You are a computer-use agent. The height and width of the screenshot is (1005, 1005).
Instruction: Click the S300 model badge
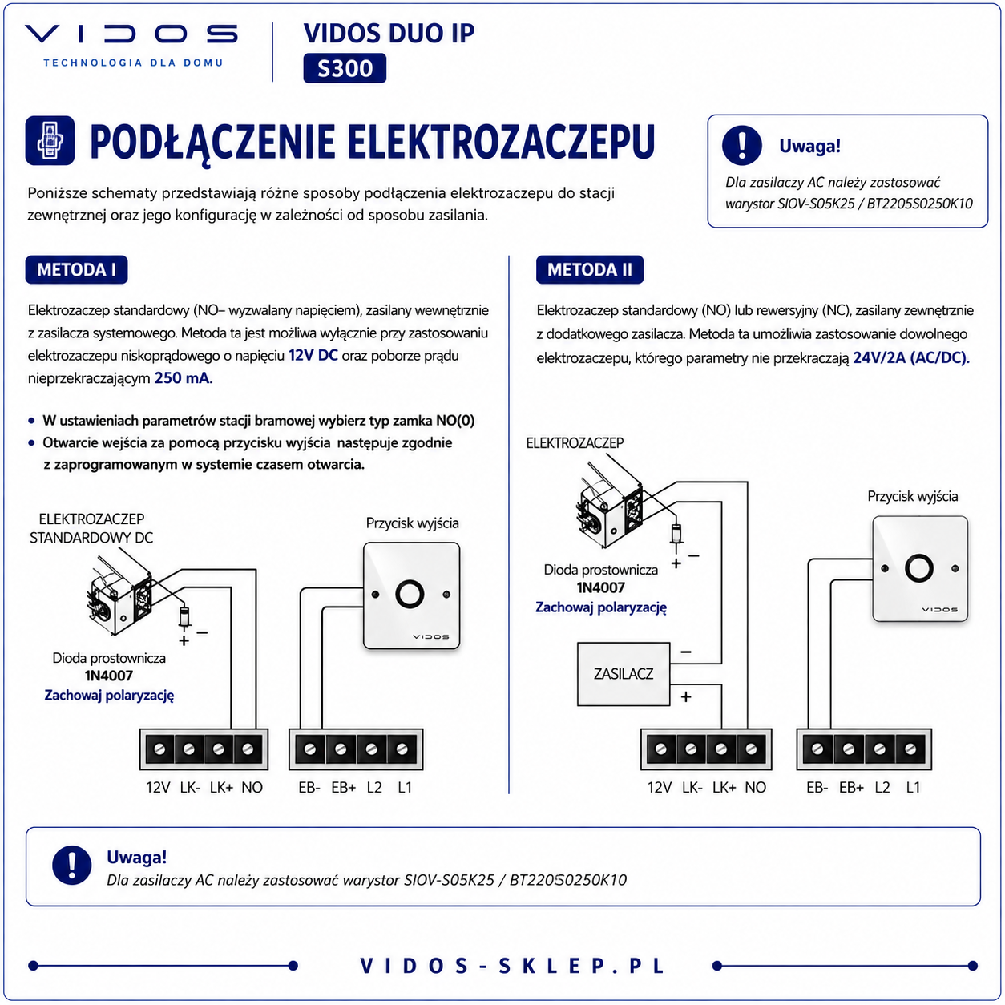[x=344, y=68]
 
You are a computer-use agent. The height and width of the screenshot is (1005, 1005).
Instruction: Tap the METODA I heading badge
[x=76, y=269]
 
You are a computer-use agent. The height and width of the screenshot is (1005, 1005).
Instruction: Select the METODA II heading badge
[x=589, y=269]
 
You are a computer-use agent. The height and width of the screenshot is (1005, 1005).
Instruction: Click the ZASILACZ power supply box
[x=624, y=674]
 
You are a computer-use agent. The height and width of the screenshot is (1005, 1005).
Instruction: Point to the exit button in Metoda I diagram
[x=411, y=595]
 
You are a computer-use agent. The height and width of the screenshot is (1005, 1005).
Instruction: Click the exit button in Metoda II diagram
[x=920, y=568]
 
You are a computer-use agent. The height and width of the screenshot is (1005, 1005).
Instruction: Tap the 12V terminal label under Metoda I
[x=158, y=787]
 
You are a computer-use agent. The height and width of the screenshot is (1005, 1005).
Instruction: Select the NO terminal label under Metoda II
[x=755, y=787]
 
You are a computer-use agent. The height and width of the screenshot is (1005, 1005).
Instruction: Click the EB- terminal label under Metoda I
[x=309, y=787]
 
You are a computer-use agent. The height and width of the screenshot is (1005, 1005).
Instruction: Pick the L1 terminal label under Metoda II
[x=913, y=787]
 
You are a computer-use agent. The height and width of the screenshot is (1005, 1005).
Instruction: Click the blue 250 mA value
[x=183, y=378]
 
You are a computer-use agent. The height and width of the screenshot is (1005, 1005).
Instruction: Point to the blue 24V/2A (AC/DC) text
[x=910, y=357]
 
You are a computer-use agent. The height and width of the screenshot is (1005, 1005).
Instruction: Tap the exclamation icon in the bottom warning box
[x=72, y=865]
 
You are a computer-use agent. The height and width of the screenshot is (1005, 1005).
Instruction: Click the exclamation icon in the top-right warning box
[x=741, y=146]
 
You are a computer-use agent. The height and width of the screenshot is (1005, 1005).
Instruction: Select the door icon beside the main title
[x=50, y=141]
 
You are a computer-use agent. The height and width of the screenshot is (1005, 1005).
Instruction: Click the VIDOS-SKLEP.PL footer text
[x=513, y=966]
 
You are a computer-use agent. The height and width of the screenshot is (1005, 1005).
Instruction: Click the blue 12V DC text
[x=313, y=356]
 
